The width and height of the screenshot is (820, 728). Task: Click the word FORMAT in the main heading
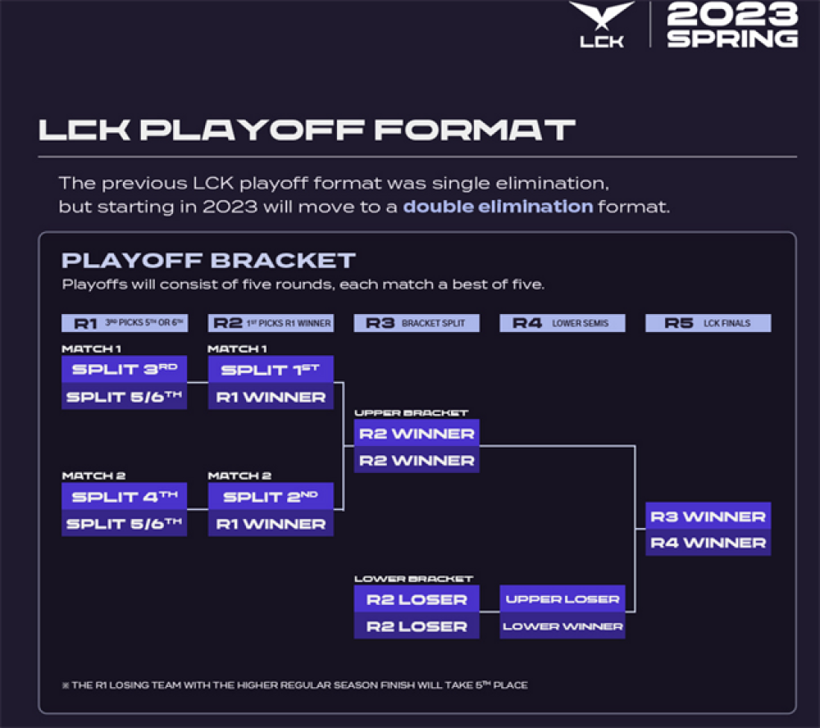click(475, 130)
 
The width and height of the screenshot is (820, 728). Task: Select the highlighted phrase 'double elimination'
click(498, 207)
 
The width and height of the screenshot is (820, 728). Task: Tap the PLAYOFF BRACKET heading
click(208, 261)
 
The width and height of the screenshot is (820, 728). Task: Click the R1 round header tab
click(125, 323)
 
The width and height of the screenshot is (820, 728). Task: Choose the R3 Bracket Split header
click(417, 323)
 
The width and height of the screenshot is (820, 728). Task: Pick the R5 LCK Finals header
click(708, 323)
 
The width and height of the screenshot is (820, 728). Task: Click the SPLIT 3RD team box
click(125, 369)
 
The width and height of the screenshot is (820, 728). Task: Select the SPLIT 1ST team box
click(271, 369)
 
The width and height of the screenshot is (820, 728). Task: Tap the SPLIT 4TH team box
click(125, 496)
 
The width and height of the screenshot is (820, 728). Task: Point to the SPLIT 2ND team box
click(271, 496)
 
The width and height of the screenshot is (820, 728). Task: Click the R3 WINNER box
click(708, 516)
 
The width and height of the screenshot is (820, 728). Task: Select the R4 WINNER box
click(708, 543)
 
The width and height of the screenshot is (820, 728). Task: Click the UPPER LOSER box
click(563, 598)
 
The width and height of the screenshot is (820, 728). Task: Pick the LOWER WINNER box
click(563, 626)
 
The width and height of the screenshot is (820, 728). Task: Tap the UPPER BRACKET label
click(411, 413)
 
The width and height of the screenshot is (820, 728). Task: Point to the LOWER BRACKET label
click(413, 579)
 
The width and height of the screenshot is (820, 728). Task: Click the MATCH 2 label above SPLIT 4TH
click(93, 476)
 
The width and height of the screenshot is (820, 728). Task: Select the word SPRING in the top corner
click(732, 39)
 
